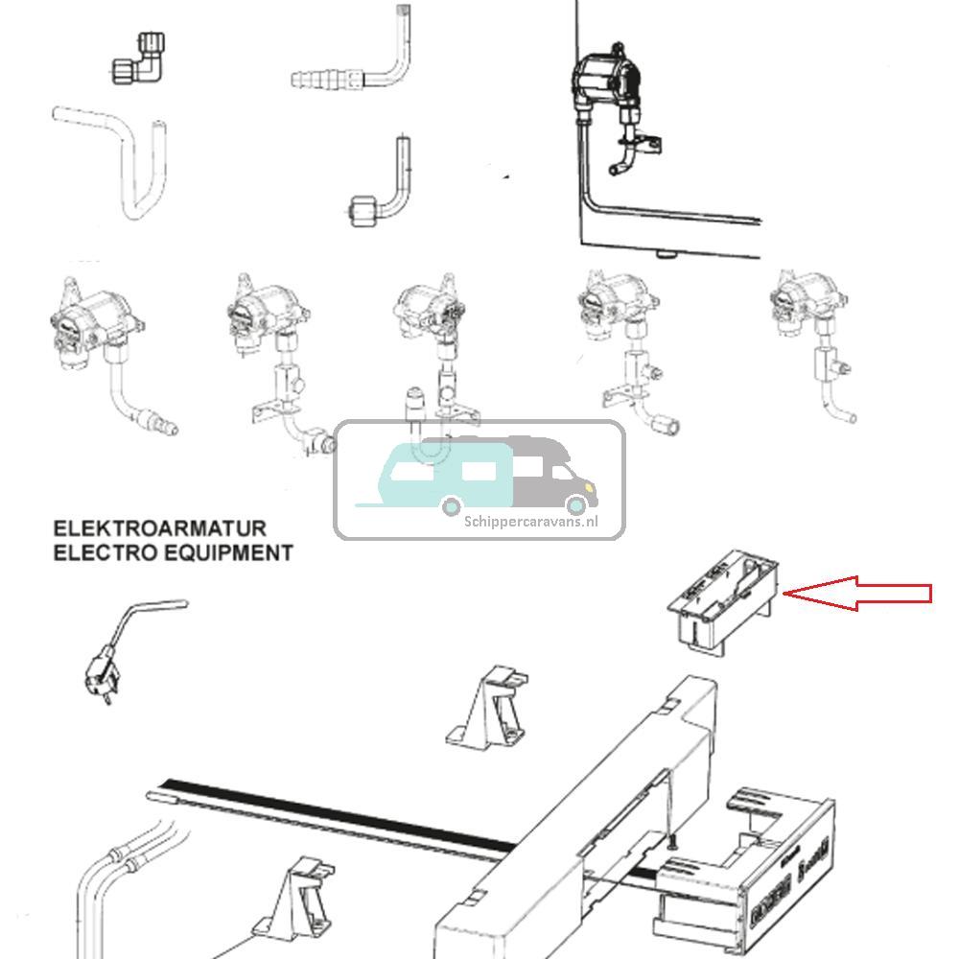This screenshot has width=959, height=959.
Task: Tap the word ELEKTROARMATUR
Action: [x=159, y=528]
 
